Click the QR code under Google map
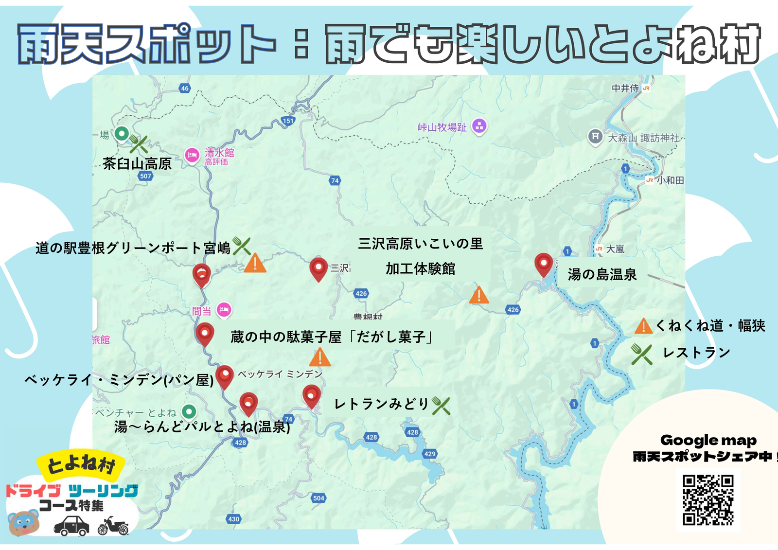click(707, 500)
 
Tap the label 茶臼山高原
click(137, 163)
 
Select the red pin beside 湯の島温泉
click(544, 264)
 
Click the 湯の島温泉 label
click(602, 274)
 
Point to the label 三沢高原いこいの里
click(421, 244)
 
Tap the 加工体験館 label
click(421, 268)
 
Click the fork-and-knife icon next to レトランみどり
click(441, 405)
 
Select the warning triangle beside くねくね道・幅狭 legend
click(643, 326)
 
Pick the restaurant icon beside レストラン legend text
click(641, 354)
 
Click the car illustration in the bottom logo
click(71, 526)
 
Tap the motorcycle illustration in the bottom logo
click(113, 526)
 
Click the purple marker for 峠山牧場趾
click(479, 126)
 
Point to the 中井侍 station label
click(625, 88)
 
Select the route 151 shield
click(288, 121)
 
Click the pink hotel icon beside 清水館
click(192, 156)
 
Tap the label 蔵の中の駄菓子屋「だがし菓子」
click(332, 337)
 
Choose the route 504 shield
click(318, 498)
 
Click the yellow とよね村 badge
click(81, 464)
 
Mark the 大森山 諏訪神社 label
click(643, 138)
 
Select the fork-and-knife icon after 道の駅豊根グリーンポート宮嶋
click(241, 246)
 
